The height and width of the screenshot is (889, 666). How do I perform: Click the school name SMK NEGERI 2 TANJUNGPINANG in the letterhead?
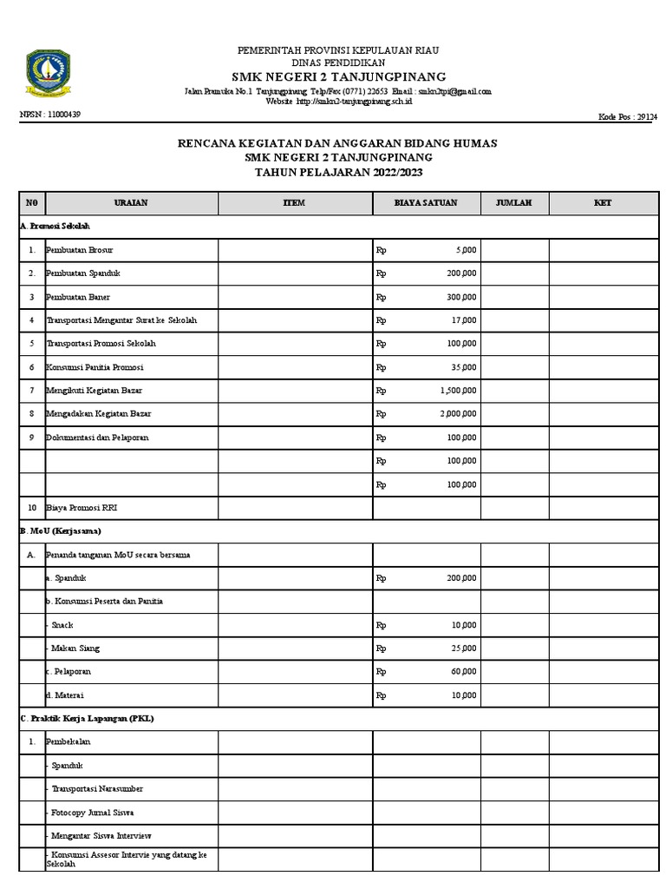338,76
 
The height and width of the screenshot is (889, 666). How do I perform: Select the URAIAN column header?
131,203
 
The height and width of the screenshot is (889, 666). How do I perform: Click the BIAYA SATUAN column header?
427,203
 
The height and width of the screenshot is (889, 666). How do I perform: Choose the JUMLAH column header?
514,203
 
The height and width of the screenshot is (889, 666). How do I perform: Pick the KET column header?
603,203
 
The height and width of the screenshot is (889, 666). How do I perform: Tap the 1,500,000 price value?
459,391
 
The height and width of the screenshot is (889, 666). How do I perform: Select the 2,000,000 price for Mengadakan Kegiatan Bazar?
459,414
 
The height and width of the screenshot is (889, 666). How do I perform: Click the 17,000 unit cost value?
464,320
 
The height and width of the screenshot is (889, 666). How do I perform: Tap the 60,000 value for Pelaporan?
464,671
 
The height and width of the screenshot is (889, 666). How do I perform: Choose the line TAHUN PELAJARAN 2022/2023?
337,173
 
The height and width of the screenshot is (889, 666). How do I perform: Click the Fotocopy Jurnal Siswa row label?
93,812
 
